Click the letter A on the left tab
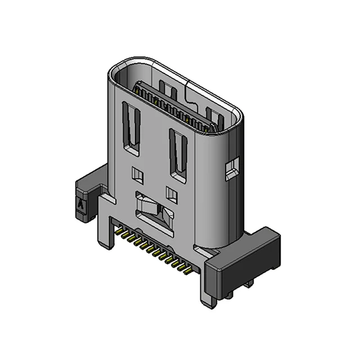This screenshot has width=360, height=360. [x=82, y=204]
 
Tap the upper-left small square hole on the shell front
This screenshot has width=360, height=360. [x=138, y=175]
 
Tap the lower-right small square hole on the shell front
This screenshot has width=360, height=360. [x=172, y=195]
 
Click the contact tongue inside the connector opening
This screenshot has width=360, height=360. [x=174, y=110]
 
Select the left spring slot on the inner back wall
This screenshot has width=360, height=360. [x=166, y=88]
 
